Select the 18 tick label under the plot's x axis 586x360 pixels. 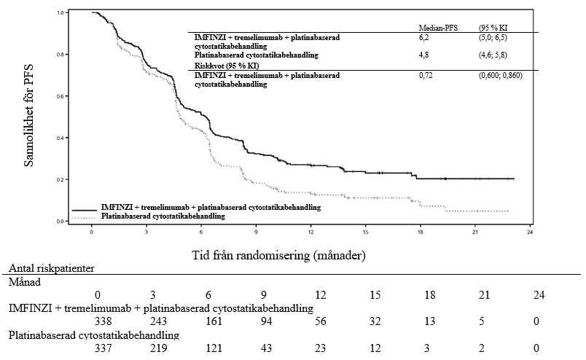click(x=421, y=233)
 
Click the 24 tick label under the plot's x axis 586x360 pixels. click(x=531, y=233)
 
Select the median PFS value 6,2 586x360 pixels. click(x=423, y=36)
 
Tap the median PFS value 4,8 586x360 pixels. click(x=423, y=55)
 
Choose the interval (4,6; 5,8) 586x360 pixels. click(x=493, y=55)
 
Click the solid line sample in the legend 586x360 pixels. click(x=84, y=208)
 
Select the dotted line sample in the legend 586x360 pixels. click(x=84, y=217)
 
